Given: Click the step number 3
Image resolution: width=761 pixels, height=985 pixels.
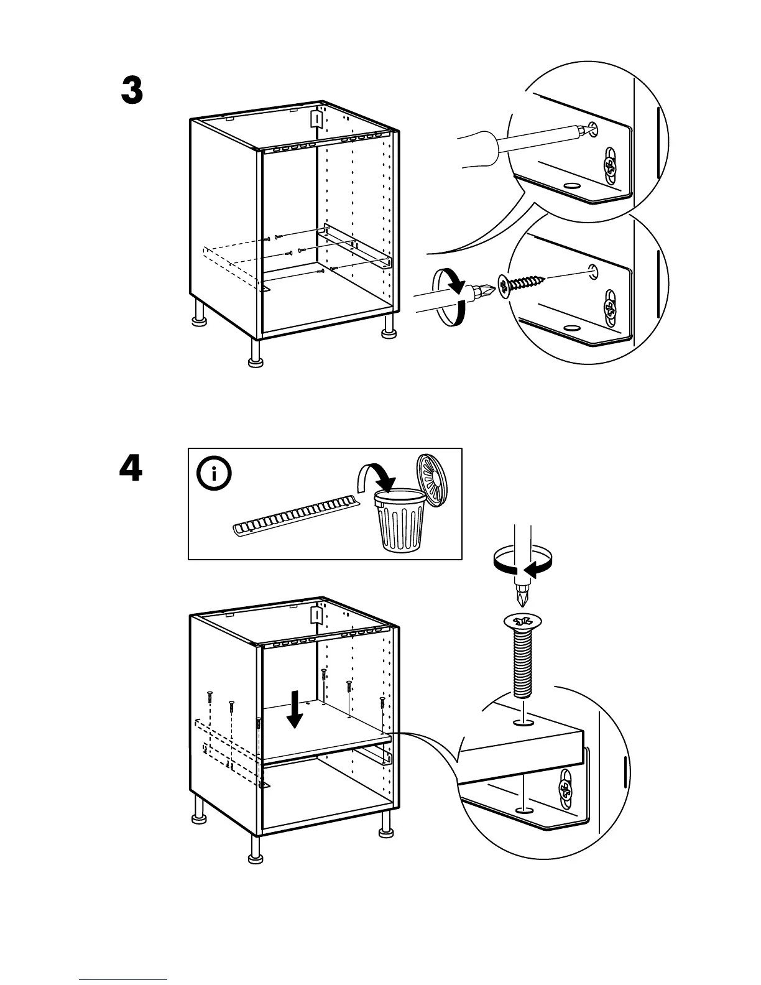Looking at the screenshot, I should click(x=132, y=91).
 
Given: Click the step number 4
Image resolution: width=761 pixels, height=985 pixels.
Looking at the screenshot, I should click(x=131, y=468).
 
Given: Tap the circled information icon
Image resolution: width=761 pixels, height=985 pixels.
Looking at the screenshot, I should click(x=214, y=474).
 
